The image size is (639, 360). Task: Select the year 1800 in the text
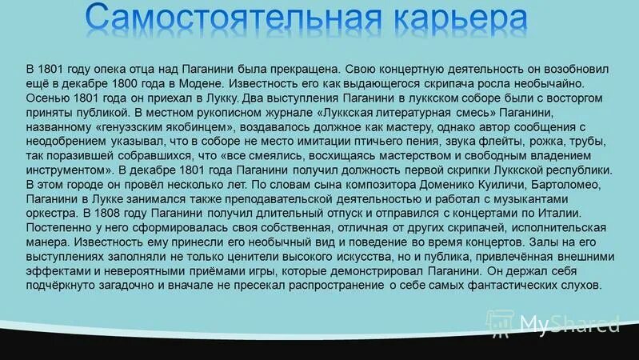tap(126, 83)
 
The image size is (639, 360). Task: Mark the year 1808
tap(109, 214)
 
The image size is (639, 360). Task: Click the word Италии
tap(560, 214)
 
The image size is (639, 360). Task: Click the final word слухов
tap(580, 286)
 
